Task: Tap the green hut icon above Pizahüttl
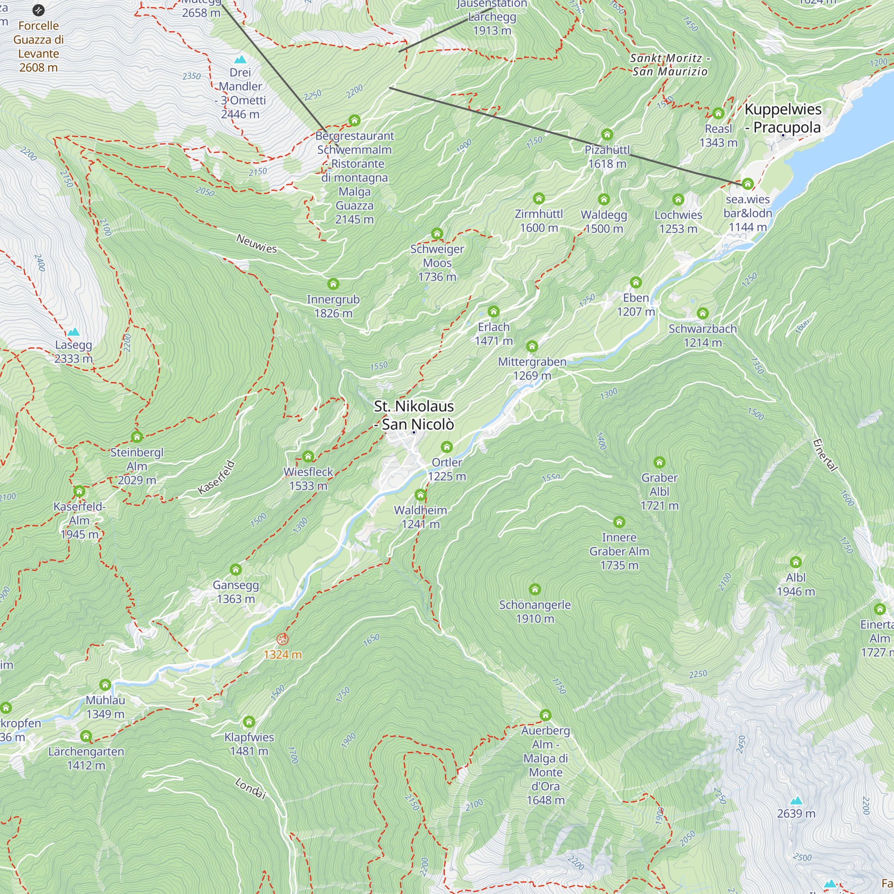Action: (x=607, y=135)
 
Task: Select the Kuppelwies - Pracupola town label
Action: (x=783, y=118)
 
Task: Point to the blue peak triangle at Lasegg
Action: (x=74, y=332)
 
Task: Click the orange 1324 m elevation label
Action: (x=282, y=654)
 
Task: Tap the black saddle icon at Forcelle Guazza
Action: (x=39, y=10)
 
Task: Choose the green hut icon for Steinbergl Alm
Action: (x=136, y=436)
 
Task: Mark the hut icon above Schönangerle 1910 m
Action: (x=535, y=589)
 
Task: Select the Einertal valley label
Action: (x=825, y=455)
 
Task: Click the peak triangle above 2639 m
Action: (x=796, y=801)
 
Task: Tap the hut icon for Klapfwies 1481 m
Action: (x=249, y=721)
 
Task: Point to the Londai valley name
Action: (x=251, y=788)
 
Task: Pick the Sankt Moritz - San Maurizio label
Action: (x=670, y=65)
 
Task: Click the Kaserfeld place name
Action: (x=216, y=477)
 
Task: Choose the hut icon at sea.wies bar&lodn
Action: (x=748, y=184)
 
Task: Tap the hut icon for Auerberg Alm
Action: (x=545, y=715)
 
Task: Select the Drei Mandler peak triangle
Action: (x=240, y=59)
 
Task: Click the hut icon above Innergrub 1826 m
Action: (x=333, y=284)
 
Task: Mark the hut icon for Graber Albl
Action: (x=659, y=462)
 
